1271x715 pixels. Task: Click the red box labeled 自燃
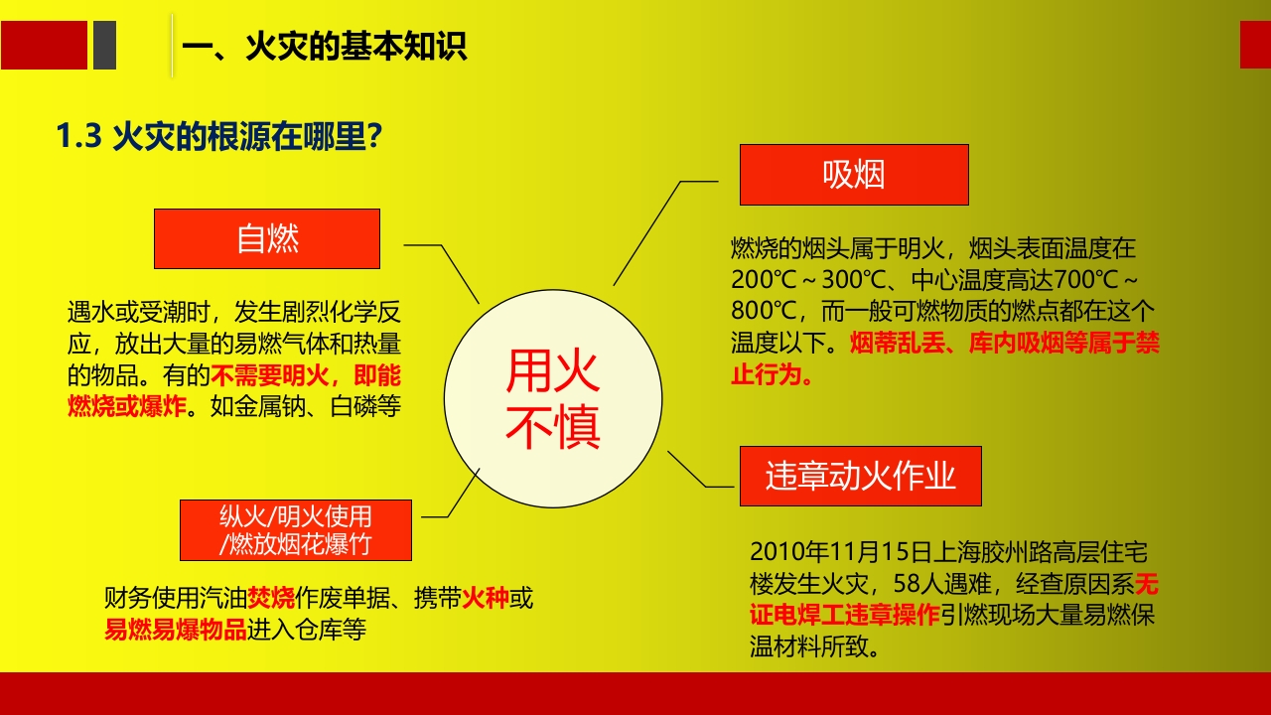click(267, 238)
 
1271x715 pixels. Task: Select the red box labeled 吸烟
click(854, 175)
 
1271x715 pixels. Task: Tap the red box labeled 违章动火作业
click(860, 476)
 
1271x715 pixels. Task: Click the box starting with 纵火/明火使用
click(296, 529)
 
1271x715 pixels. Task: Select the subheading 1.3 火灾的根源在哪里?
click(219, 137)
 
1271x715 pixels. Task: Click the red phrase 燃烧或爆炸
click(127, 406)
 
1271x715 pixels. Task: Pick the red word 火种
click(485, 598)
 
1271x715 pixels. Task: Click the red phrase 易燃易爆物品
click(175, 629)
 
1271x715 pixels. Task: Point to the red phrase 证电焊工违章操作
click(844, 615)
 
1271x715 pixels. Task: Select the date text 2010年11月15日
click(828, 552)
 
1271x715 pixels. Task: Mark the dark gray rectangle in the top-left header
click(104, 46)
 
